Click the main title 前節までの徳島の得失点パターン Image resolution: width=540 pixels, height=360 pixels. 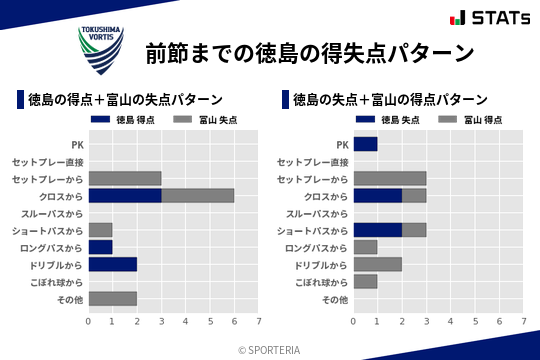pos(309,51)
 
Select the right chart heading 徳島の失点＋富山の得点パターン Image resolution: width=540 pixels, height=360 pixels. pos(390,100)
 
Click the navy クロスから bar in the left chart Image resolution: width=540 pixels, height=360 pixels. pos(125,196)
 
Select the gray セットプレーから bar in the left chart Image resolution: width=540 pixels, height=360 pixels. pos(125,178)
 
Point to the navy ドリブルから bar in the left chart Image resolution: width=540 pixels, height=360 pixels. pos(113,264)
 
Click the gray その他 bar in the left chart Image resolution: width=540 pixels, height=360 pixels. pos(113,298)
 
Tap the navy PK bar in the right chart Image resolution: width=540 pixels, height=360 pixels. pos(366,144)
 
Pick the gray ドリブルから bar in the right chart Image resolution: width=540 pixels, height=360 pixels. pos(378,264)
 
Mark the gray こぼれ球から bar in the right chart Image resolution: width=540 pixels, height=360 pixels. pos(366,281)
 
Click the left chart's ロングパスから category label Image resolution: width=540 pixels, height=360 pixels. pos(52,247)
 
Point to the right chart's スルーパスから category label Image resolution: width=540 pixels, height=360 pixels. pos(317,213)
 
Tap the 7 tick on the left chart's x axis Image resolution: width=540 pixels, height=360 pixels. pos(258,321)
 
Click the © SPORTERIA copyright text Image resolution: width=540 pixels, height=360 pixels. pos(270,350)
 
